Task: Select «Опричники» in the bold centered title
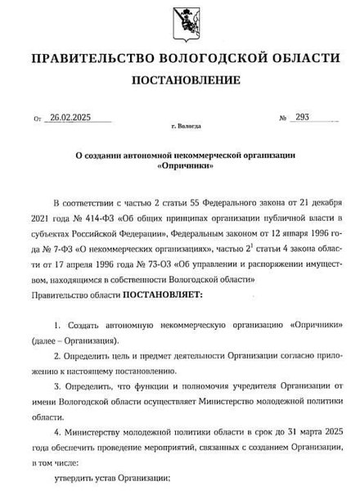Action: [x=179, y=166]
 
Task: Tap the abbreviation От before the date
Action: [x=38, y=119]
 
